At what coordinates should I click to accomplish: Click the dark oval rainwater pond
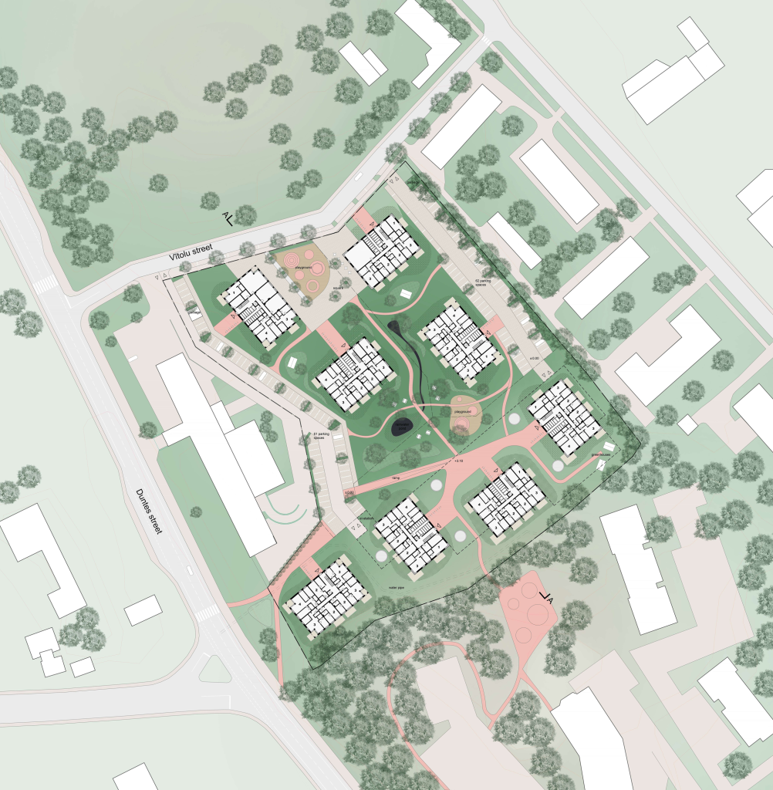coord(403,426)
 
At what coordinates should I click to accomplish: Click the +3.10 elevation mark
coord(459,461)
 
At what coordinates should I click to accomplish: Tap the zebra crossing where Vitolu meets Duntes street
coord(46,284)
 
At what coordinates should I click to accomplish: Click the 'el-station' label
coord(364,518)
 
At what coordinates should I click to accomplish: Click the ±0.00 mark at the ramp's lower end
coord(349,491)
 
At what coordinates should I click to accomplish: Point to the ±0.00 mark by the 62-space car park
coord(532,360)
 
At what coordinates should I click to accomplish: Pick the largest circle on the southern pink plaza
coord(535,615)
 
